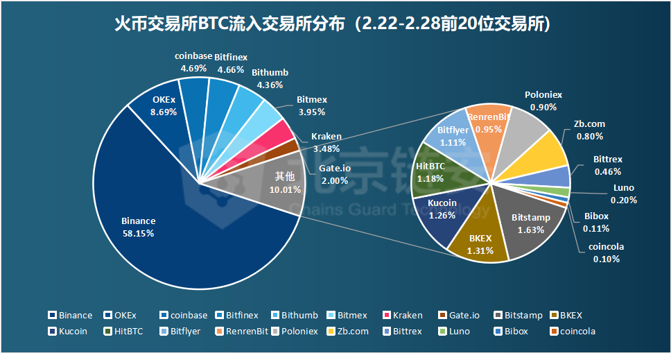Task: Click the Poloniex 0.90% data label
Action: click(x=543, y=101)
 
